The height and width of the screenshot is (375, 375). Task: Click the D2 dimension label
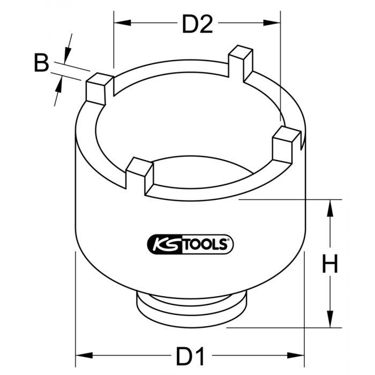click(x=198, y=24)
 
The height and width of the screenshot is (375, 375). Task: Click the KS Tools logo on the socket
click(x=189, y=245)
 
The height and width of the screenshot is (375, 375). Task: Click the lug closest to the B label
click(x=99, y=89)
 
